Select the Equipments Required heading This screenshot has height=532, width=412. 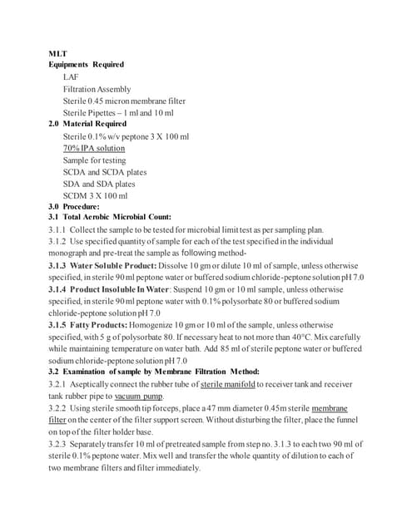point(86,65)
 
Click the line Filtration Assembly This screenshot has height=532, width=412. point(97,89)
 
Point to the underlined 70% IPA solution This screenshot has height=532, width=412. point(94,148)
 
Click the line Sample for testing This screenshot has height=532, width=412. point(95,160)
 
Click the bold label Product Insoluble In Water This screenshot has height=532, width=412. point(128,289)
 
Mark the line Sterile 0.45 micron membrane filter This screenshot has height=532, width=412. point(124,101)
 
